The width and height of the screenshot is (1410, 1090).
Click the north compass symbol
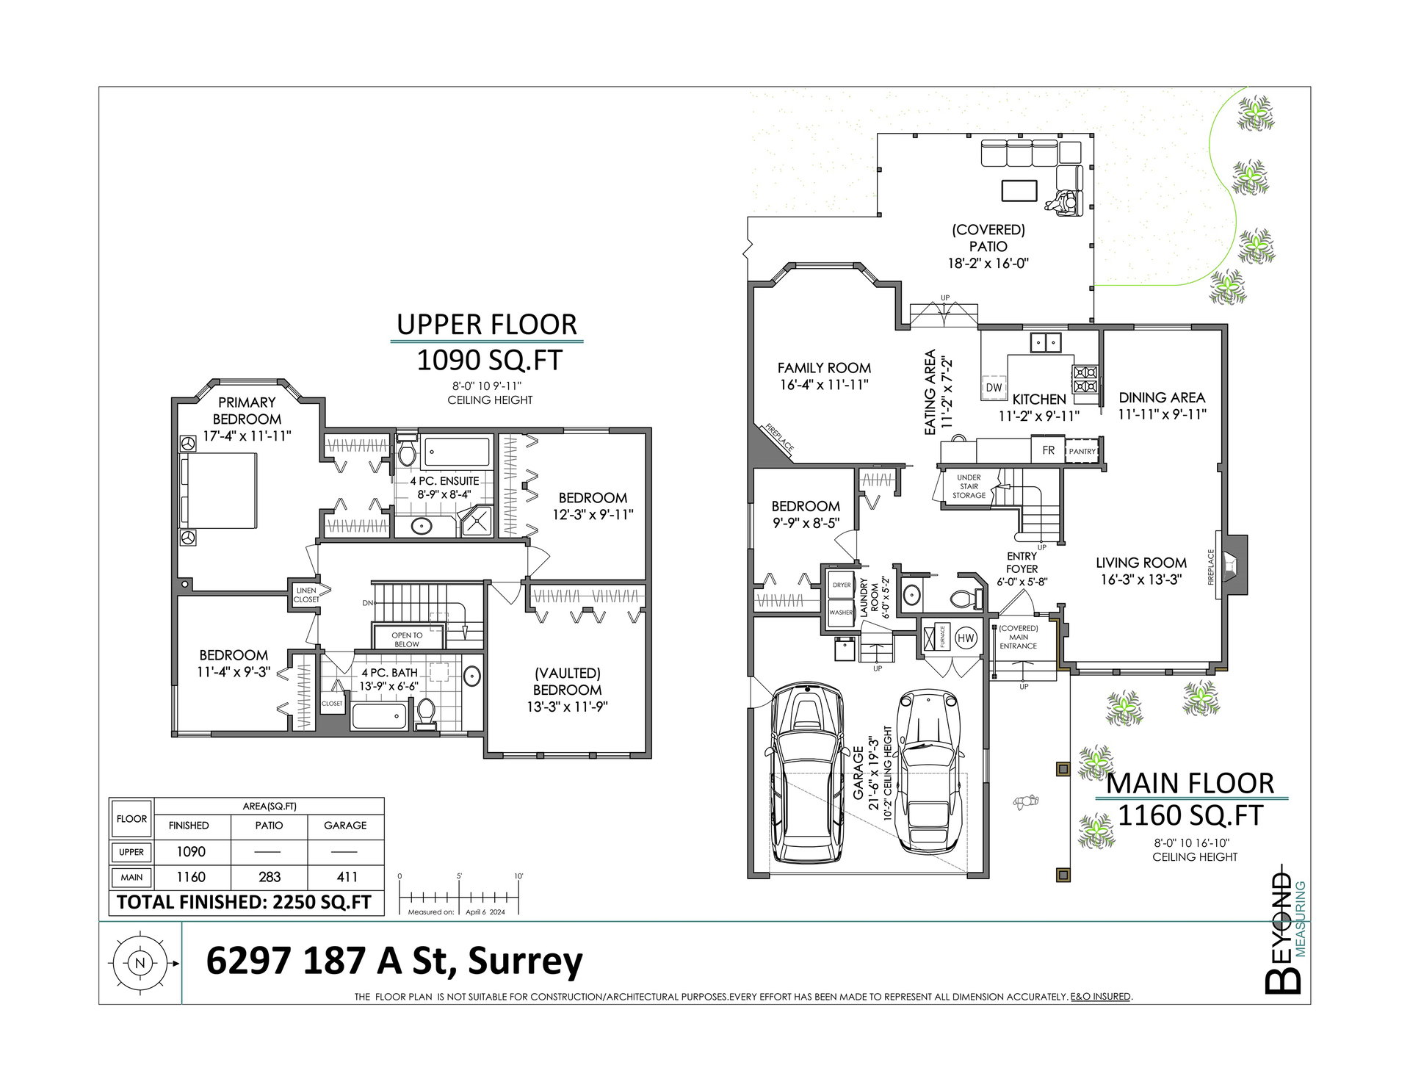[140, 963]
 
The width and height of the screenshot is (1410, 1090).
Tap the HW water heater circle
[966, 638]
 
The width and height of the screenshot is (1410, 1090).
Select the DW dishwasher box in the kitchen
[994, 387]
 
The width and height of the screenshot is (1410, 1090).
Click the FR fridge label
[1048, 450]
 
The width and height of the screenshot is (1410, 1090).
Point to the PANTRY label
[1082, 452]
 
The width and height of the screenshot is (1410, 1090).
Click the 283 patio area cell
[270, 877]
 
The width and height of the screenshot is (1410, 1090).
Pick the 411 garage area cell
[347, 877]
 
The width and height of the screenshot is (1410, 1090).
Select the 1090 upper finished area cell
[191, 851]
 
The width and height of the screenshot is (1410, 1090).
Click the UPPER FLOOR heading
[487, 325]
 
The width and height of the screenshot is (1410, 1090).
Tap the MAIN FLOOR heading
[1190, 784]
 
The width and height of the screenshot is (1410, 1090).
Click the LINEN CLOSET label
[306, 595]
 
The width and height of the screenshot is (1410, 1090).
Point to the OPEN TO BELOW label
[407, 640]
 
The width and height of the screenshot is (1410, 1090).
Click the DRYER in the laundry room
[842, 585]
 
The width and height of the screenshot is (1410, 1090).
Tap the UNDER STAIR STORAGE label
[969, 486]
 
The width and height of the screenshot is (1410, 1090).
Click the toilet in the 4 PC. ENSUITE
[406, 451]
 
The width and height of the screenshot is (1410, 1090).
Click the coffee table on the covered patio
[1019, 190]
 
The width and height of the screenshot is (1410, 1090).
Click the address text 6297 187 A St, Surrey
[394, 961]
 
